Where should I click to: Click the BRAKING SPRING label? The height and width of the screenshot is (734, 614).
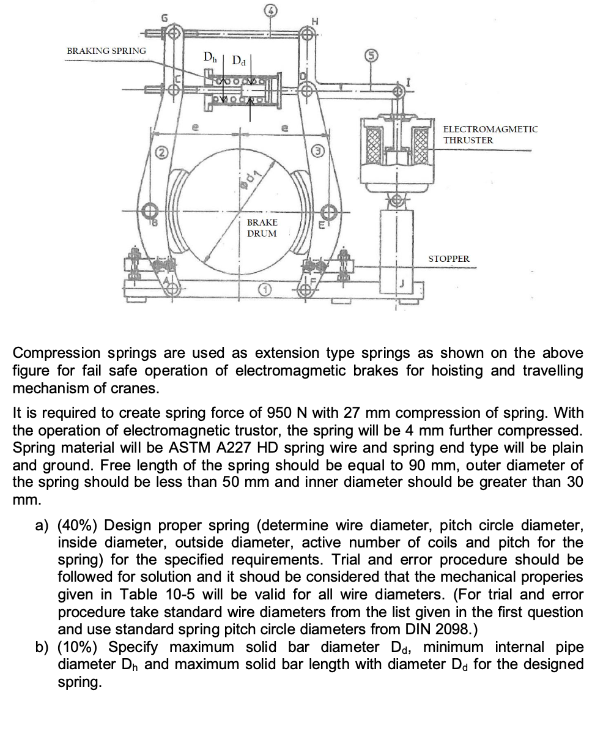pos(106,50)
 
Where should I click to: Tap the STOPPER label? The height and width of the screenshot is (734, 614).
pos(449,259)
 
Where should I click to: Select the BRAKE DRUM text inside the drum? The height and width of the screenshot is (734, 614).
pos(262,228)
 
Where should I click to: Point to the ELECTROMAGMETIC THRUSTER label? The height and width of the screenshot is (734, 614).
pos(490,135)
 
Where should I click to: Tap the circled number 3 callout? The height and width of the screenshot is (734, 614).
pos(317,150)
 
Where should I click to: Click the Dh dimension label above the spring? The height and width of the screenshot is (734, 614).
pos(210,57)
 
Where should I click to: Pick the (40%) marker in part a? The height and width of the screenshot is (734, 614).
pos(76,525)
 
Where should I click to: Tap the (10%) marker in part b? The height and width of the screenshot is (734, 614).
pos(76,647)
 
